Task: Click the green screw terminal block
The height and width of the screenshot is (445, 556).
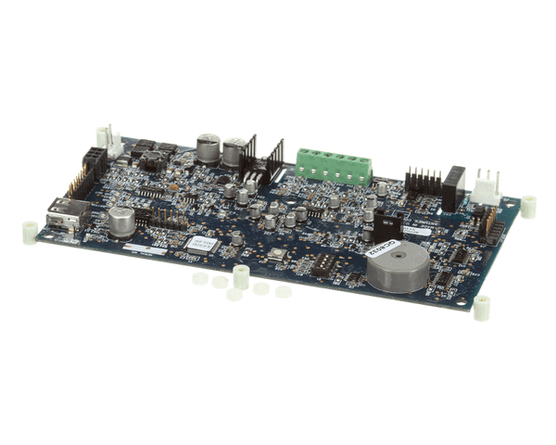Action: (x=334, y=165)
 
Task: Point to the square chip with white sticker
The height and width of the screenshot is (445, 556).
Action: (x=200, y=246)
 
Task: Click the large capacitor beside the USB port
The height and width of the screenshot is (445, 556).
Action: (x=121, y=221)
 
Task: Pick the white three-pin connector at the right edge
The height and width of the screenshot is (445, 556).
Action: (x=484, y=187)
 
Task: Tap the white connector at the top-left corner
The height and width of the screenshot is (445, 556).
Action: (x=111, y=142)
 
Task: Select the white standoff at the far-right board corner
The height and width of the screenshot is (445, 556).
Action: (x=528, y=206)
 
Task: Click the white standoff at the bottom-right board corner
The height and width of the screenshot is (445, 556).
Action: (x=482, y=309)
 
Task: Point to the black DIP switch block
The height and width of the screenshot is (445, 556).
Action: (x=323, y=264)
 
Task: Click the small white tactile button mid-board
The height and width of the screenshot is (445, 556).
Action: (x=276, y=253)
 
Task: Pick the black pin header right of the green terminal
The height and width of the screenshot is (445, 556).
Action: (x=423, y=180)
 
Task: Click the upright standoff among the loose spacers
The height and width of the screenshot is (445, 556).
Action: (x=241, y=276)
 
